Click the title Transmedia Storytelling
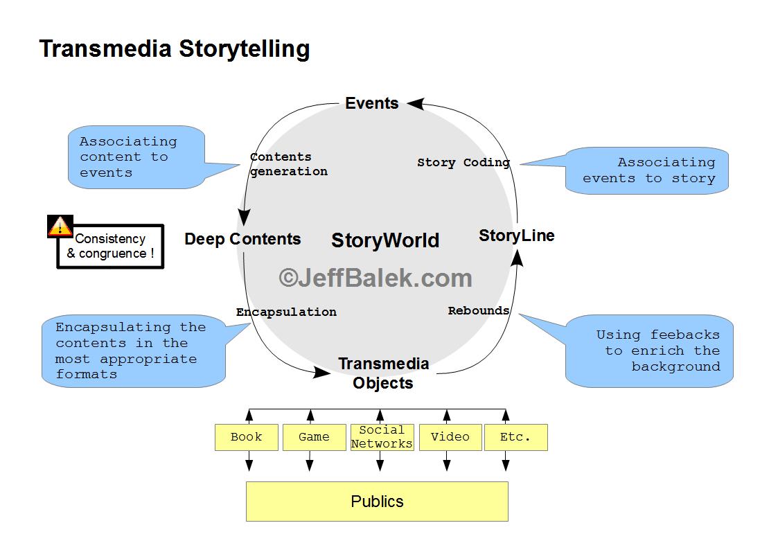click(174, 49)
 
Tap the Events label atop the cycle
click(372, 104)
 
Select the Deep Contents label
click(242, 239)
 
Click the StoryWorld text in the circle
click(385, 240)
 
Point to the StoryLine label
click(517, 236)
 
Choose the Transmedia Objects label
click(383, 373)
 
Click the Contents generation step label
click(288, 164)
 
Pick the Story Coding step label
click(463, 163)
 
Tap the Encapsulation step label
click(286, 312)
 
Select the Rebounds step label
click(479, 311)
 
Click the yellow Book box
click(247, 437)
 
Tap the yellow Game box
click(314, 437)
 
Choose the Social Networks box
click(382, 437)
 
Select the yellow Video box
click(450, 437)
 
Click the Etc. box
click(515, 437)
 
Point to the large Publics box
click(377, 502)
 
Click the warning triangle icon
click(60, 226)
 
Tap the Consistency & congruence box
click(111, 247)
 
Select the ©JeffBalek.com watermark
click(375, 278)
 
